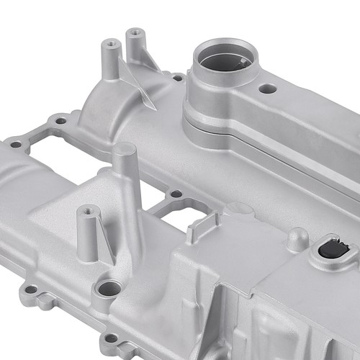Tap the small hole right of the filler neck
(x=267, y=89)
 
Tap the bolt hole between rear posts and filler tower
(x=177, y=77)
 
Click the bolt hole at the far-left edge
(x=15, y=144)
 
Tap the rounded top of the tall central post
(x=124, y=150)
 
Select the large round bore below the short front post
(x=109, y=289)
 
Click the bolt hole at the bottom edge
(x=110, y=338)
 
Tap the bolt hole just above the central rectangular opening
(x=175, y=194)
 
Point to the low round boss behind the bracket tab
(x=239, y=209)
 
